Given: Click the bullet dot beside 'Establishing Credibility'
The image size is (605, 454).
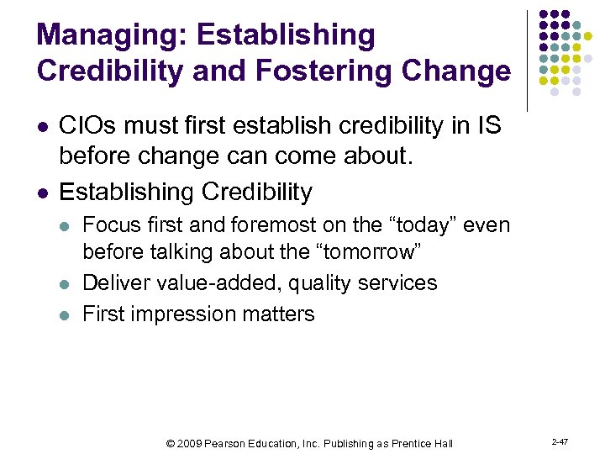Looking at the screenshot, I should click(42, 193).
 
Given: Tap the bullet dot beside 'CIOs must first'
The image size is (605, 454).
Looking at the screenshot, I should click(42, 127).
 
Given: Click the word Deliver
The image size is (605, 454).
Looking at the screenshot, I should click(115, 282).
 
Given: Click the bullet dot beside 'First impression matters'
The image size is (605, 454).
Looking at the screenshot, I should click(66, 314).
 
